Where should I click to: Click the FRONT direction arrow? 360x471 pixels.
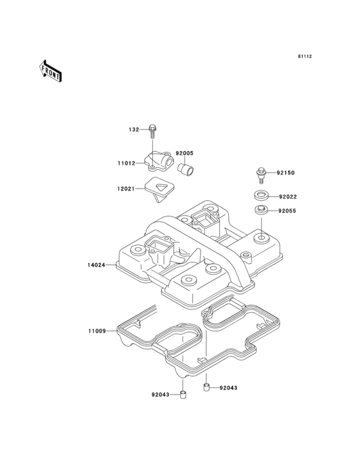point(50,71)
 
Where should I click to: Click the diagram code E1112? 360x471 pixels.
point(305,56)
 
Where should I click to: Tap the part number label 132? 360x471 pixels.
point(134,130)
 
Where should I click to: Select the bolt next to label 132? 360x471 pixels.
point(153,131)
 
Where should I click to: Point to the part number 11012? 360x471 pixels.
point(126,163)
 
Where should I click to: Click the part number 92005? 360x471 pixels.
point(184,153)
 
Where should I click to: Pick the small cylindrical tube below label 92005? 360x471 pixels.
point(186,169)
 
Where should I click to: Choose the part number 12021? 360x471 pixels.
point(126,189)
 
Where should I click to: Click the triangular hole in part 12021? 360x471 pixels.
point(161,187)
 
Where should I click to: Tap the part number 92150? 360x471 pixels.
point(285,173)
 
